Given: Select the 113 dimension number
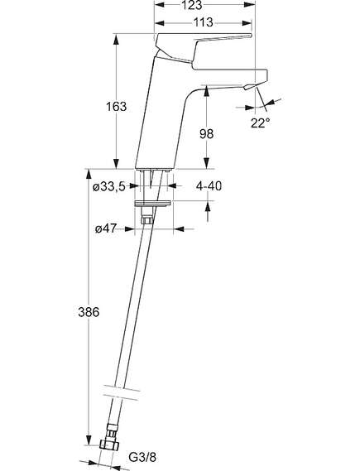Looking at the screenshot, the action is coord(204,22).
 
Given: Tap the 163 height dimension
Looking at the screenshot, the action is coord(116,106).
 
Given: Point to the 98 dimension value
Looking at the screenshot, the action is coord(207,133).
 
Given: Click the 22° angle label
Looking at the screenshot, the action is coord(261,123).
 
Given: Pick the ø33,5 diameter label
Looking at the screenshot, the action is coord(108,187).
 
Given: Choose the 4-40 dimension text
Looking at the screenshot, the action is coord(209,186).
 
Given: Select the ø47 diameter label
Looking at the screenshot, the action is coord(105,229).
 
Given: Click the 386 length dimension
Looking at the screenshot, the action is coord(89,312).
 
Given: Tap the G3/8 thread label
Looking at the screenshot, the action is coord(142,458).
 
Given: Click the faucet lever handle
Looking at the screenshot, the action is coord(203,47).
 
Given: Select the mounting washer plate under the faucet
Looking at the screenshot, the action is coord(153,204).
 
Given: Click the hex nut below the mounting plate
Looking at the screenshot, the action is coord(146,220).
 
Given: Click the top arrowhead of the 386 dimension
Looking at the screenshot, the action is coord(89,175).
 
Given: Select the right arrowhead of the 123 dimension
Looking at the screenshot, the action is coord(249,5).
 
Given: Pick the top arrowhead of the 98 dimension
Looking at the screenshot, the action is coord(206,91).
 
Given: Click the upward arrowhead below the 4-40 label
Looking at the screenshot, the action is coord(209,207).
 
